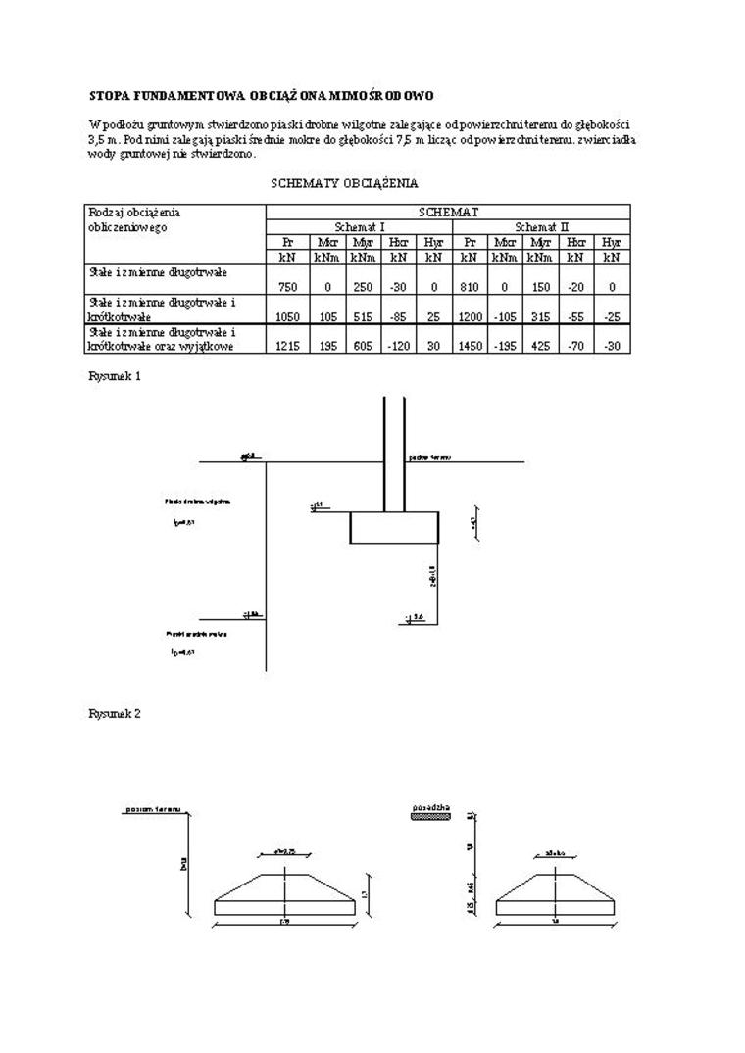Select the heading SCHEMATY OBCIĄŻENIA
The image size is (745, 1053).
344,183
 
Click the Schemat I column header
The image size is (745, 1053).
359,226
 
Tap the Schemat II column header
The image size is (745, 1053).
541,226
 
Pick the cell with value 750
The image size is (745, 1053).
287,288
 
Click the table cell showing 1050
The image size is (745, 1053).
287,317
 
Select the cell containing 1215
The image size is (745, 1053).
287,346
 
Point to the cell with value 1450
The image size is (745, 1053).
470,346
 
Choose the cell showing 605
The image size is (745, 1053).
362,346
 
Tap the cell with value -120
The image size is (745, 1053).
398,346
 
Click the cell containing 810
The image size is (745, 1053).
470,288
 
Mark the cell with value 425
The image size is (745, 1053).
540,346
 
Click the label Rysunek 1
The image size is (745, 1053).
115,376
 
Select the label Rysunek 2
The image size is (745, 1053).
115,714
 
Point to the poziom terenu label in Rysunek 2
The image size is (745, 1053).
153,810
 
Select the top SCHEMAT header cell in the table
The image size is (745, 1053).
448,212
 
